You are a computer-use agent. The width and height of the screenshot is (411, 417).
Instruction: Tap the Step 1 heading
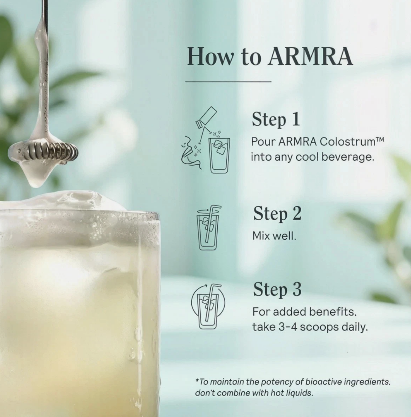point(276,119)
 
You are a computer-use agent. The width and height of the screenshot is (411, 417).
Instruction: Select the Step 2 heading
point(277,214)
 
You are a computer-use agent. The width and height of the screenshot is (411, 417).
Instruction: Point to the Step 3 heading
point(277,289)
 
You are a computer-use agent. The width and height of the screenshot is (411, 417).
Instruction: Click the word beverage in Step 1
point(348,157)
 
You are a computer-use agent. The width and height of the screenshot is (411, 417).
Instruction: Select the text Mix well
point(274,236)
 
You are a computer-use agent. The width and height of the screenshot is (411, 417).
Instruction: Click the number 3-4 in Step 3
point(288,327)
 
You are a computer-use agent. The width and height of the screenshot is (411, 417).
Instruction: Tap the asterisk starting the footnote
point(197,379)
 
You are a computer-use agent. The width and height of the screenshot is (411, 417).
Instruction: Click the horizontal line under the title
point(228,82)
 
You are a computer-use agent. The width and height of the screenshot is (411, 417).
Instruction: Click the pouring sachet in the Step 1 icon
point(206,117)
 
